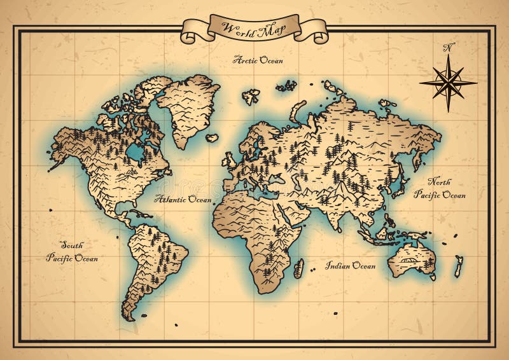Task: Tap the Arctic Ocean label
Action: (x=258, y=60)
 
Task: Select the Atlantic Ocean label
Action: (x=183, y=200)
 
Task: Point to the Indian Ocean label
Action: (x=351, y=266)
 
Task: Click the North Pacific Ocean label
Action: (x=440, y=188)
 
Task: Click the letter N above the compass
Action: (x=449, y=47)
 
